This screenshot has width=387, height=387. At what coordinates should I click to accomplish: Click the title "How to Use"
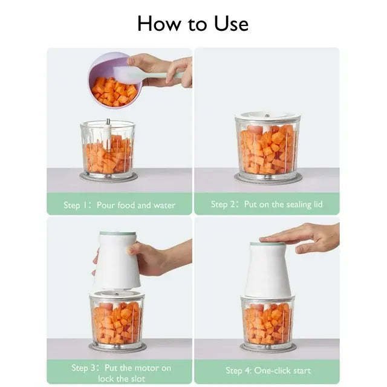[x=193, y=23]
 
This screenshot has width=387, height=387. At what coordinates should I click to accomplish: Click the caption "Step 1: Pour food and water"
[x=119, y=205]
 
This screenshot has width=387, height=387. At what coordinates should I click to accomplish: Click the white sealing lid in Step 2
[x=267, y=117]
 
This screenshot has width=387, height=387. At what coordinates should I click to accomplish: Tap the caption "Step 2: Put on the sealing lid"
[x=267, y=204]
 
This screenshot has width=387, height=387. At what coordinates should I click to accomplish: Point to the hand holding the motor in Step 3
[x=151, y=257]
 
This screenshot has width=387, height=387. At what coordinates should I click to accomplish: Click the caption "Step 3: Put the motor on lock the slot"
[x=121, y=373]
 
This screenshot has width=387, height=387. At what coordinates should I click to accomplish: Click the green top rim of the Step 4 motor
[x=267, y=244]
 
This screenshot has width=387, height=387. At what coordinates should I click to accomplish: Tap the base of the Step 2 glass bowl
[x=267, y=178]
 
